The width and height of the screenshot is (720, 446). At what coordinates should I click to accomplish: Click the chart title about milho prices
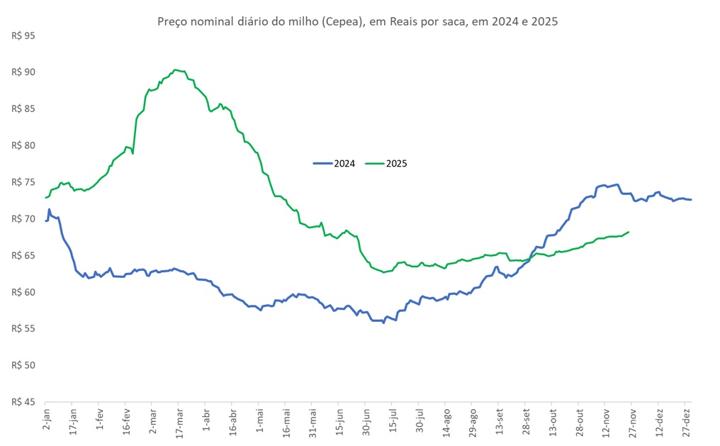(x=357, y=22)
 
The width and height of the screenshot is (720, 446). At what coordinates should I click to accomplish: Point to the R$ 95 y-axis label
(x=23, y=35)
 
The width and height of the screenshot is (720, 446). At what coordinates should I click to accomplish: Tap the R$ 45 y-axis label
(x=23, y=402)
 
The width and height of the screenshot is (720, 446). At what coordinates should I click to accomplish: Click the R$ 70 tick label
(x=23, y=218)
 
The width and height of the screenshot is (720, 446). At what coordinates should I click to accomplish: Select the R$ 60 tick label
(x=23, y=292)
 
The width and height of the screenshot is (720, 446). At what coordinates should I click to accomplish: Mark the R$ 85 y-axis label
(x=23, y=108)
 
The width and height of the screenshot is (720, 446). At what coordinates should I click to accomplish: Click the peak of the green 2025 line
(x=175, y=69)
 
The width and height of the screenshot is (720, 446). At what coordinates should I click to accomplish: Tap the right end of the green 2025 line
(x=629, y=232)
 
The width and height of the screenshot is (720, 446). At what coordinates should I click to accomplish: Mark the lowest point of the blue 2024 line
(x=383, y=323)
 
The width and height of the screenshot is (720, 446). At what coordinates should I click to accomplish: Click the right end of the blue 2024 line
(x=692, y=199)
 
